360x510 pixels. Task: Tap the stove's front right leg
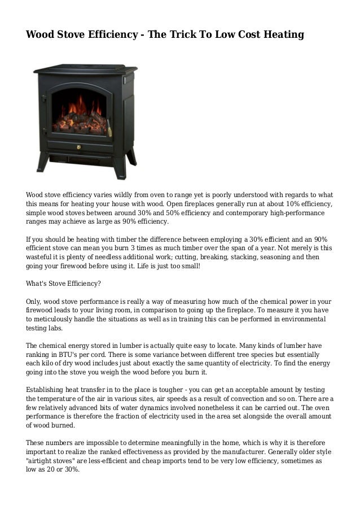point(118,167)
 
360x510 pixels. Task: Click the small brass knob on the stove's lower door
point(78,147)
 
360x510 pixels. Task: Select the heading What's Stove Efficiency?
point(63,284)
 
